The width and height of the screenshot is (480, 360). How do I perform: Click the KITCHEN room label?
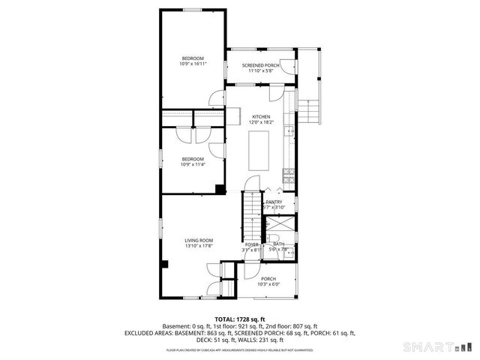pyautogui.click(x=260, y=116)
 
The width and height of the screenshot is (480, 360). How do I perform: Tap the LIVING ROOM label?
pyautogui.click(x=199, y=240)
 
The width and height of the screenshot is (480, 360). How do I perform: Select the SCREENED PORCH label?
pyautogui.click(x=260, y=65)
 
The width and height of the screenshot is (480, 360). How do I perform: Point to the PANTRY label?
pyautogui.click(x=274, y=202)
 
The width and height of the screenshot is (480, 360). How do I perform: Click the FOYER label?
pyautogui.click(x=251, y=244)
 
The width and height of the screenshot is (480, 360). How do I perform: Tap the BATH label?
pyautogui.click(x=278, y=244)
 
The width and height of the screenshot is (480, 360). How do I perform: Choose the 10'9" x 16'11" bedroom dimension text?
pyautogui.click(x=193, y=64)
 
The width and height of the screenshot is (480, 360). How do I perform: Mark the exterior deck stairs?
pyautogui.click(x=310, y=112)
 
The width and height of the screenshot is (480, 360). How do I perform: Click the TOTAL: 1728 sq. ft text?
pyautogui.click(x=239, y=319)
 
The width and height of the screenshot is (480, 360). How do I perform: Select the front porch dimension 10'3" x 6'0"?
pyautogui.click(x=268, y=284)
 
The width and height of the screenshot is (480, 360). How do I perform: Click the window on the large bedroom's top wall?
pyautogui.click(x=193, y=9)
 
